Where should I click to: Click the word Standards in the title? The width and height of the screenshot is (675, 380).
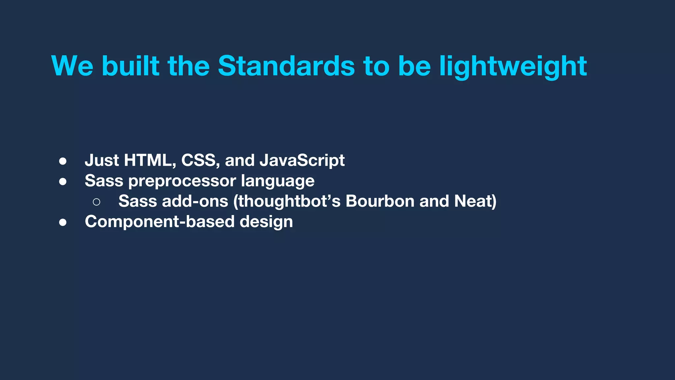pos(286,66)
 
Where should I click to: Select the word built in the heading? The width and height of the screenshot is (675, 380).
pos(131,66)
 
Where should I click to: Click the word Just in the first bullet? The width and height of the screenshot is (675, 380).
pos(102,160)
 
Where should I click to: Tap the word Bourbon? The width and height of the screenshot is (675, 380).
pos(380,201)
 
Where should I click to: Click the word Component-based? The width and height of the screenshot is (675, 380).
pos(160,222)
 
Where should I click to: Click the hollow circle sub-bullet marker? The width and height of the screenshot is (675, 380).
pos(96,202)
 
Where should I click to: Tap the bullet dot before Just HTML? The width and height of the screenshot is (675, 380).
pos(63,161)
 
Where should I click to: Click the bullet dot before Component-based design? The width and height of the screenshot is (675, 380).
pos(63,223)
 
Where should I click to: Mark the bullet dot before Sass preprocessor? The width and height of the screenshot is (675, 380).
pos(63,182)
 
